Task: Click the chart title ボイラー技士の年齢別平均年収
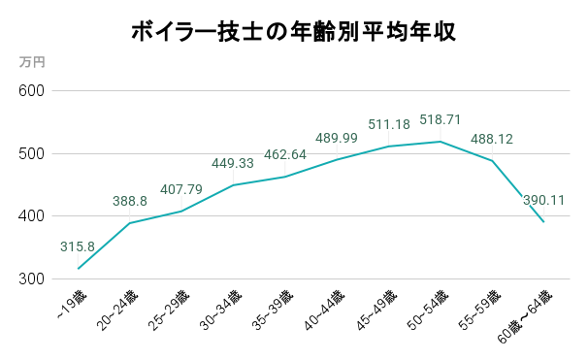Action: [294, 32]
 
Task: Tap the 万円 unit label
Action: [32, 61]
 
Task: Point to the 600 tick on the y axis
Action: [33, 91]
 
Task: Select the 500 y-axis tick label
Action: [33, 153]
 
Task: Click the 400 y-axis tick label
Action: [33, 216]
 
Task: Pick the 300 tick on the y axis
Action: [33, 279]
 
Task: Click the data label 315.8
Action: [78, 246]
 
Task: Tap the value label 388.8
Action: [130, 201]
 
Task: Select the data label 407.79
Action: [180, 189]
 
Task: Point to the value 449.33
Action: [233, 163]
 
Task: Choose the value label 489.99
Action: [337, 138]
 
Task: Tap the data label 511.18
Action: [389, 124]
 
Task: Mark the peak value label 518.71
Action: [441, 119]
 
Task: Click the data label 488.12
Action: [492, 139]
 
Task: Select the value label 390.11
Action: [544, 201]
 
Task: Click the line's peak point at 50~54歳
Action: [441, 142]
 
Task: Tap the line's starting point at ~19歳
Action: [78, 269]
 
